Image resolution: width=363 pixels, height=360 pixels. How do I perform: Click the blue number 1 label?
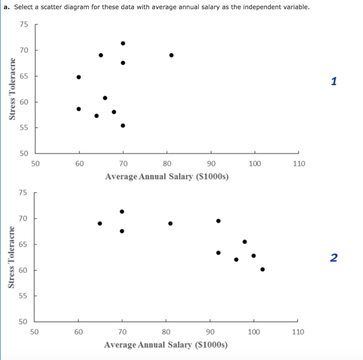tap(334, 82)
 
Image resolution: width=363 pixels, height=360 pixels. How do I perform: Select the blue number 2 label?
tap(334, 258)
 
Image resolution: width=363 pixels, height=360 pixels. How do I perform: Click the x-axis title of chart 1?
tap(167, 177)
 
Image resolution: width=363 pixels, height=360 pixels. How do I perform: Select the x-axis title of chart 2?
tap(166, 345)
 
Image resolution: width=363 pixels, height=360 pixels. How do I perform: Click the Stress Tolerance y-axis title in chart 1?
tap(13, 89)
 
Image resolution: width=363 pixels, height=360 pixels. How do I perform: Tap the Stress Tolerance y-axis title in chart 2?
tap(13, 257)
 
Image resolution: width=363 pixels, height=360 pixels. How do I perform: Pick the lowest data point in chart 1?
tap(123, 126)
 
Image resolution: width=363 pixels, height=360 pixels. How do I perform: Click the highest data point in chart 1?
tap(123, 43)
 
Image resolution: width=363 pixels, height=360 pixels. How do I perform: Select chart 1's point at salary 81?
tap(171, 55)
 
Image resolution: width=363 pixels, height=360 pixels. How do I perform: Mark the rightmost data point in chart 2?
tap(262, 269)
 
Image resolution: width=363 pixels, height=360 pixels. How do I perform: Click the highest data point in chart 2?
tap(122, 211)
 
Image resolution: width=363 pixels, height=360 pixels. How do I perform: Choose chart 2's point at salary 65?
tap(100, 223)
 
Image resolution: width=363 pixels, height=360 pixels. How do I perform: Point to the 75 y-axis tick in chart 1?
tap(23, 24)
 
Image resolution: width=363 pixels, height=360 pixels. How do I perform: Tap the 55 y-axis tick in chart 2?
tap(23, 296)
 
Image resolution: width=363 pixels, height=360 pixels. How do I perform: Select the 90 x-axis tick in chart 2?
tap(210, 332)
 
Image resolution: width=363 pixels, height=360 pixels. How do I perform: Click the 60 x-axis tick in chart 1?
tap(79, 164)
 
